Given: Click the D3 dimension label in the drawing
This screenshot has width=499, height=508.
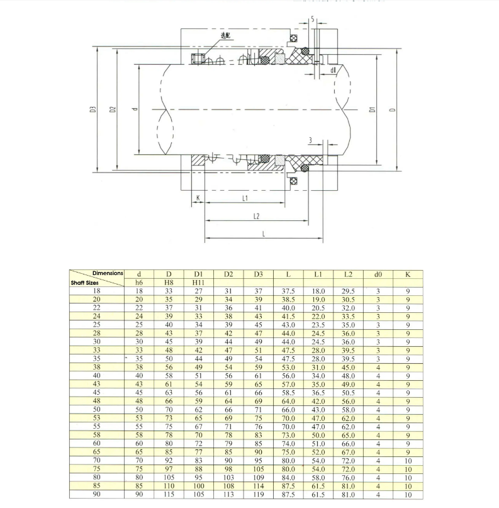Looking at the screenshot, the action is point(93,110).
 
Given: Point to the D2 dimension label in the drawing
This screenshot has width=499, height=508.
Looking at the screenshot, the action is point(113,110).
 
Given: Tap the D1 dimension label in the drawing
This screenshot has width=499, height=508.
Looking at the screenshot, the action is point(373,110).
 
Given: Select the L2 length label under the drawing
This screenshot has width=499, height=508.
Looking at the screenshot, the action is point(256,216).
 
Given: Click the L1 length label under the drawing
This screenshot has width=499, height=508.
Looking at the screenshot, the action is point(245,198).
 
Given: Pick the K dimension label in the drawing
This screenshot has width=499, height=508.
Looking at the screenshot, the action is point(198,198).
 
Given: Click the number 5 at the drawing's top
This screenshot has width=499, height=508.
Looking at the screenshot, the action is point(313,20).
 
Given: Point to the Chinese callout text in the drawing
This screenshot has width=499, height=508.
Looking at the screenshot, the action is point(225,36).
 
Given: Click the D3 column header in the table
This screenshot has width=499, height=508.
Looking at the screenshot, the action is point(259,274).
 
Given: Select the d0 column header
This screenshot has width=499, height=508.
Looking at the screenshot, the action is point(378,274).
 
